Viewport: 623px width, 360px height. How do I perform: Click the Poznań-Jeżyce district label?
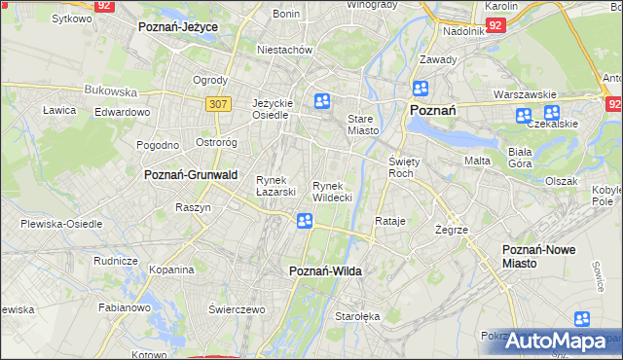[x=177, y=26]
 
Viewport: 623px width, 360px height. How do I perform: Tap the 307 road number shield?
[x=217, y=102]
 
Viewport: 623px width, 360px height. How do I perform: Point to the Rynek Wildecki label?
[x=332, y=191]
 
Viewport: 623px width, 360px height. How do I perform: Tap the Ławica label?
[x=59, y=110]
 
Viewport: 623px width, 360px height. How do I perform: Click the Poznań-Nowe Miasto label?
[x=538, y=256]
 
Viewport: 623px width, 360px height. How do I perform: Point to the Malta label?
[x=477, y=161]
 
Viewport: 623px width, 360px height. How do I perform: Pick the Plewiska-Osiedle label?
[x=61, y=224]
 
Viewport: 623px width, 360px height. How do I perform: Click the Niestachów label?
[x=283, y=49]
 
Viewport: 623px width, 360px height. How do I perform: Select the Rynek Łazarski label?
[x=275, y=185]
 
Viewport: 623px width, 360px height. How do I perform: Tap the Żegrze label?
[x=453, y=230]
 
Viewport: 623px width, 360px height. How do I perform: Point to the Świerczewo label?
[x=237, y=309]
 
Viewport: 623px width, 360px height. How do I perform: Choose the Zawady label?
[x=431, y=60]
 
